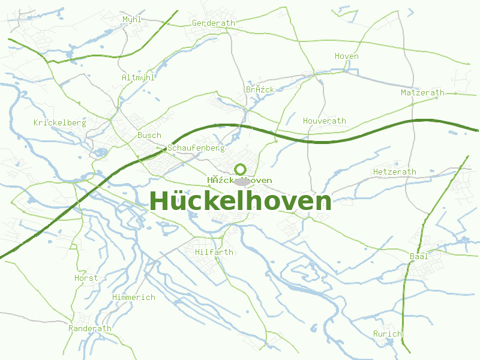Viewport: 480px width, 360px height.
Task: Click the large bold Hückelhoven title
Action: coord(240,201)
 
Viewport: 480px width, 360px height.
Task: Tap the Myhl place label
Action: coord(132,19)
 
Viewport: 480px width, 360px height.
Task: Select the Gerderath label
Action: coord(213,23)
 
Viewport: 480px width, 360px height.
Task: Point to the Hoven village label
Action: coord(346,56)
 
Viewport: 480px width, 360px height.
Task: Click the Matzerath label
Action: coord(422,92)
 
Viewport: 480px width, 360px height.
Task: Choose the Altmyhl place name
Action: coord(138,77)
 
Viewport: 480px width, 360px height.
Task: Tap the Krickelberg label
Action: coord(60,122)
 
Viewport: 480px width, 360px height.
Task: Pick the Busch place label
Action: coord(149,135)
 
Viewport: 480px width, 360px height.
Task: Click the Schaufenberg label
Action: coord(196,148)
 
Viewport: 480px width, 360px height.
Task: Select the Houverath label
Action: coord(324,121)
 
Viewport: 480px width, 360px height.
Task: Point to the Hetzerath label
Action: coord(394,172)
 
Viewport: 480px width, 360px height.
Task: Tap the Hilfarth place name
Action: coord(214,252)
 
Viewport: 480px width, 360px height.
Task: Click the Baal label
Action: coord(419,256)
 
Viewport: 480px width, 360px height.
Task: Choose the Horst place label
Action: coord(86,278)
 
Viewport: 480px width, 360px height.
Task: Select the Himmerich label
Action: coord(133,297)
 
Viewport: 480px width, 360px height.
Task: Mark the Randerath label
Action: coord(90,328)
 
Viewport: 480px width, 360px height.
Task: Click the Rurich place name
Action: coord(387,334)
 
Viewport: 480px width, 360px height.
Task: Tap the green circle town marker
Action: coord(240,169)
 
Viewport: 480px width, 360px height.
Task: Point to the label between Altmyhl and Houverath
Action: coord(260,89)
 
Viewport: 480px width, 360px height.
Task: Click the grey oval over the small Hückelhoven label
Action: coord(241,181)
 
